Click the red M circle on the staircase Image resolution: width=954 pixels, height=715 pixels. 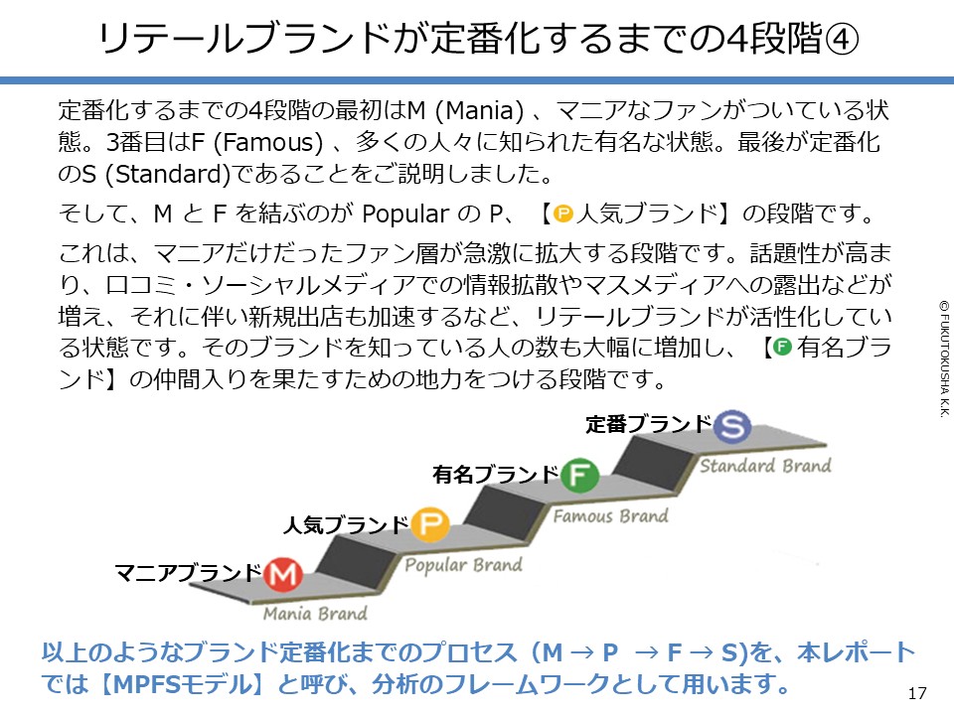(283, 574)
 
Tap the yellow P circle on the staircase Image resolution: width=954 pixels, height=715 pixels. (429, 524)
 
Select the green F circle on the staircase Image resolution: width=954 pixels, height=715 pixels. (578, 476)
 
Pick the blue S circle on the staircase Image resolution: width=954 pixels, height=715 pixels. (732, 426)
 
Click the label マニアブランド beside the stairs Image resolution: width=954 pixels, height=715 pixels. (188, 573)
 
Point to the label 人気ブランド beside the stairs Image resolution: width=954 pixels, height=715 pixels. (346, 524)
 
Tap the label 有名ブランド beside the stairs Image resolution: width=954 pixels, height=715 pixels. (495, 475)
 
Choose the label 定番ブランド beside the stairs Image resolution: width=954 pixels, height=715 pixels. (649, 425)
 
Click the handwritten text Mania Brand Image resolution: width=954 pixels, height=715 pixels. (315, 613)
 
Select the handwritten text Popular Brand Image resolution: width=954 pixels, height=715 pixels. (464, 565)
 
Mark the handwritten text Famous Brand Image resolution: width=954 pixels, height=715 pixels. (610, 516)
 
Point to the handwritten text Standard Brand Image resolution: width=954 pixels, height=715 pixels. (765, 466)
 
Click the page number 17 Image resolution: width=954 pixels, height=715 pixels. (917, 692)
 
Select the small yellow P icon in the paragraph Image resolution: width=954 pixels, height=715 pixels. (562, 212)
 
